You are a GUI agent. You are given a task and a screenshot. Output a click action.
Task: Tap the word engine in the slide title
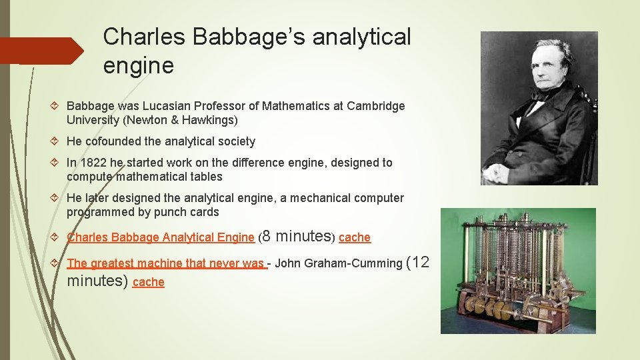(139, 65)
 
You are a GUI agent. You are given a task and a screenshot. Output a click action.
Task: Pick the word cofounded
(115, 141)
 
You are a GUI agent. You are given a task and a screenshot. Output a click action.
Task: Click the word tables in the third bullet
(205, 177)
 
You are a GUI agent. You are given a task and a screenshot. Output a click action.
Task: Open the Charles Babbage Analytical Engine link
(161, 237)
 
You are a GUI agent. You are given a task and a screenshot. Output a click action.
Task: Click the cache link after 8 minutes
(355, 237)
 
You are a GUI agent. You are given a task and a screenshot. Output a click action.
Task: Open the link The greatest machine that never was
(165, 263)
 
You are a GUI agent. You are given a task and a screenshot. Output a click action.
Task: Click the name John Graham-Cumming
(339, 263)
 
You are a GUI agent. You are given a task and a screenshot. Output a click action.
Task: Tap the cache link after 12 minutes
(149, 282)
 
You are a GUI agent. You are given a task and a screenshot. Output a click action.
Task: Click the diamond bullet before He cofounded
(57, 141)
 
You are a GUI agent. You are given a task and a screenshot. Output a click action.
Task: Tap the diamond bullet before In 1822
(57, 163)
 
